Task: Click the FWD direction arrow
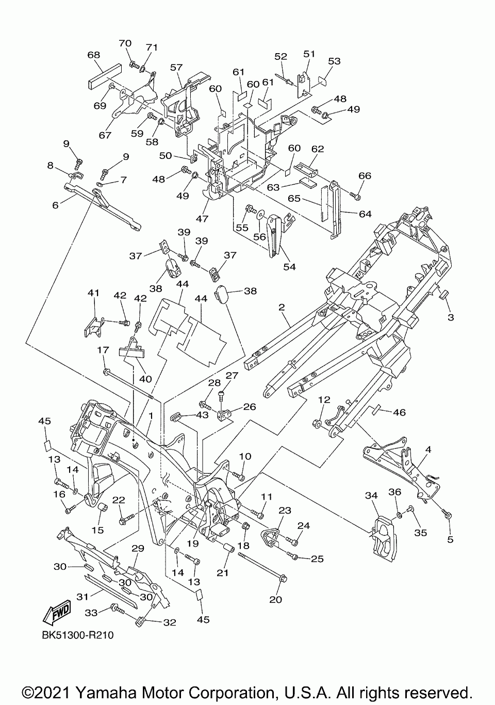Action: click(x=57, y=613)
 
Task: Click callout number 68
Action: click(x=94, y=55)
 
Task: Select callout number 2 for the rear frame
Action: click(x=282, y=307)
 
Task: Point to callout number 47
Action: click(x=202, y=218)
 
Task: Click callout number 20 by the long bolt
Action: click(x=276, y=600)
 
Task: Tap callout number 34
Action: click(x=371, y=495)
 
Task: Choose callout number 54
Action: click(x=289, y=267)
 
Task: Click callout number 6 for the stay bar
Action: click(x=55, y=205)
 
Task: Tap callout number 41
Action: click(x=93, y=293)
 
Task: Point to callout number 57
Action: click(x=176, y=68)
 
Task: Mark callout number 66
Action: click(x=365, y=175)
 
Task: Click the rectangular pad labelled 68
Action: click(x=104, y=76)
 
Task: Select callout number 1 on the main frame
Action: click(x=151, y=416)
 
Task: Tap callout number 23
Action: click(x=285, y=510)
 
